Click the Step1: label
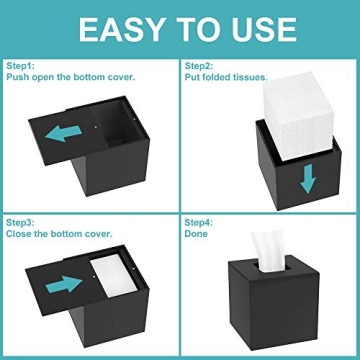(22, 66)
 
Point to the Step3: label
(22, 221)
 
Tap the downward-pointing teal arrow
(308, 177)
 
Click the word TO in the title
(186, 28)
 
